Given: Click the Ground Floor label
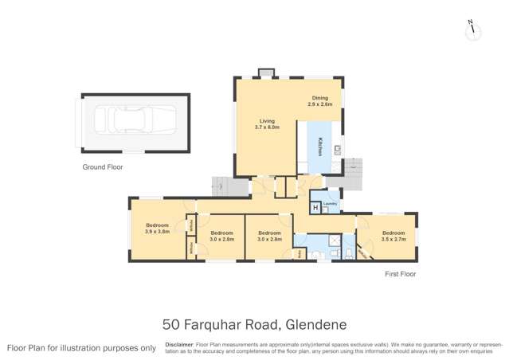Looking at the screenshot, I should [103, 167].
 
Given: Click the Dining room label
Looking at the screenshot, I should [320, 98].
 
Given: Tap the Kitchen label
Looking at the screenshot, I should [320, 147].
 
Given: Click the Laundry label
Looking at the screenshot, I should [331, 204].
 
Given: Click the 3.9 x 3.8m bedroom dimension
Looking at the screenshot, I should [157, 232].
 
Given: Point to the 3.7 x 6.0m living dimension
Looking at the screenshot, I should [256, 127].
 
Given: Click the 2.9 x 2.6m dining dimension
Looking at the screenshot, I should [320, 104].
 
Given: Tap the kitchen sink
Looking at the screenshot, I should [338, 148].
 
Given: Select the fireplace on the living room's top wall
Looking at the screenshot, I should [266, 73].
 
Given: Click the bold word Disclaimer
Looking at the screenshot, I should [179, 344].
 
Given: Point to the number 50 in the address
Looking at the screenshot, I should [170, 324].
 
